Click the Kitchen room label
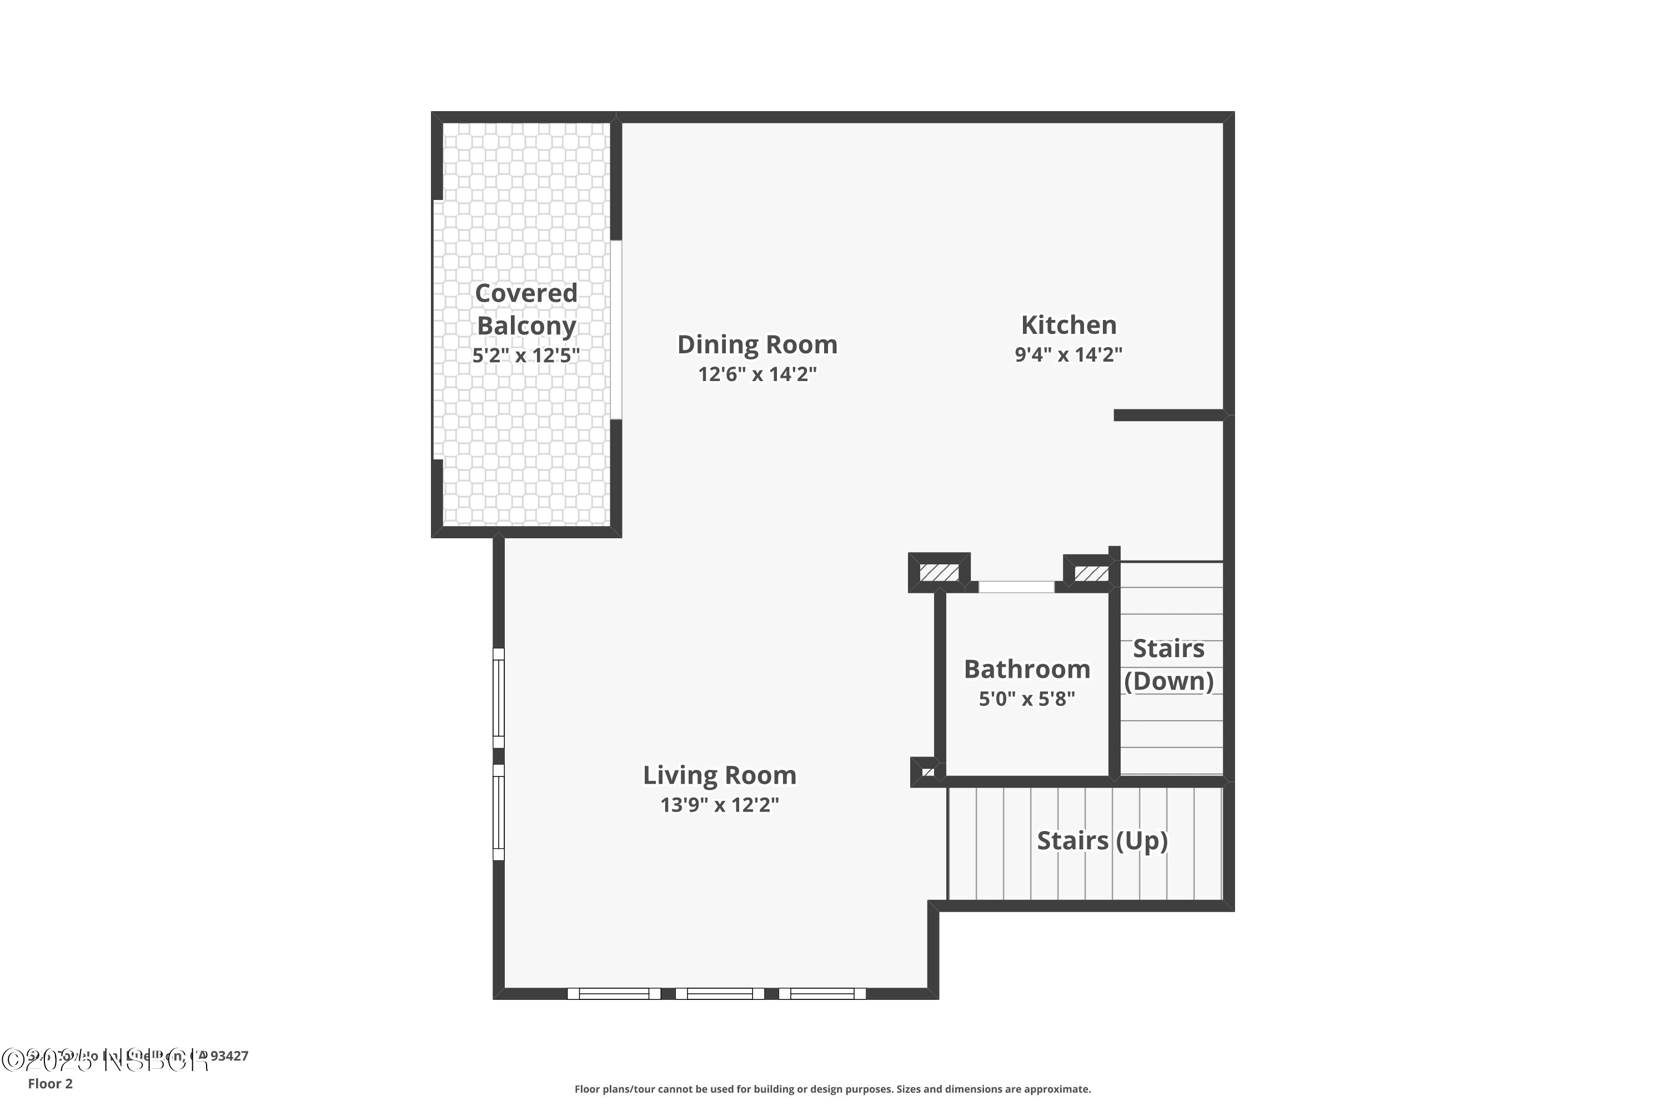coord(1068,325)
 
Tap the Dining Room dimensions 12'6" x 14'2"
coord(757,374)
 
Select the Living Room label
coord(719,775)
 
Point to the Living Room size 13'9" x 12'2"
coord(719,805)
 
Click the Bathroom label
coord(1026,669)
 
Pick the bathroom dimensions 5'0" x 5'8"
coord(1026,699)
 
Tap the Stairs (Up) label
coord(1101,840)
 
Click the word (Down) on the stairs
coord(1168,681)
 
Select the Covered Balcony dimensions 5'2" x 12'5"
coord(525,355)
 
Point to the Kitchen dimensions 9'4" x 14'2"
coord(1068,354)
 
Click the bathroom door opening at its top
coord(1016,587)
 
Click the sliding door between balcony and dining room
coord(616,329)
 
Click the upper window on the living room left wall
coord(499,698)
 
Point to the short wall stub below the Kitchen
coord(1169,415)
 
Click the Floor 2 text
coord(51,1083)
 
